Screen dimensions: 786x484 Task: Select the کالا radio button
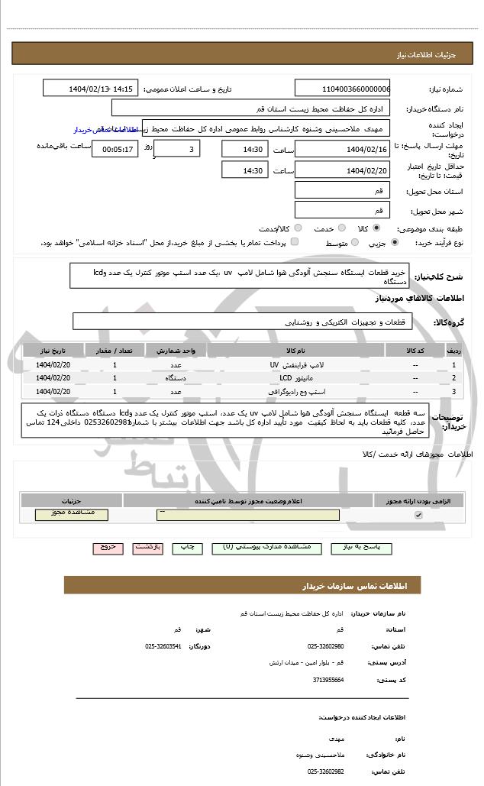coord(376,228)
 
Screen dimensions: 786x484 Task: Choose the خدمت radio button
coord(340,228)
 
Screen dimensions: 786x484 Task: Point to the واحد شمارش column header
coord(176,350)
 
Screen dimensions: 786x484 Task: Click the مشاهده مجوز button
coord(72,515)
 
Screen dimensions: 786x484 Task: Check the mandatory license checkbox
coord(418,516)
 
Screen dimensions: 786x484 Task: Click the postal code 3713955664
coord(326,679)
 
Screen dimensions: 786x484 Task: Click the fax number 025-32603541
coord(163,646)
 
